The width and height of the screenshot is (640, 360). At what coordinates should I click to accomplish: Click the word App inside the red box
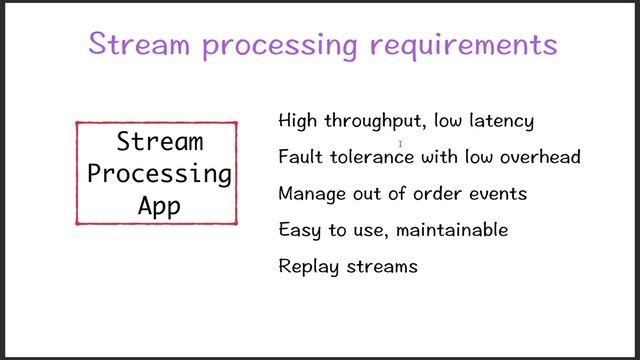[x=159, y=207]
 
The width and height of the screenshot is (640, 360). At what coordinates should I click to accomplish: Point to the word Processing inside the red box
[x=159, y=174]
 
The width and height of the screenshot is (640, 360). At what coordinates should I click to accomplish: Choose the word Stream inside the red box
[x=159, y=141]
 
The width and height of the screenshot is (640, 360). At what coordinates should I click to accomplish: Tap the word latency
[x=501, y=121]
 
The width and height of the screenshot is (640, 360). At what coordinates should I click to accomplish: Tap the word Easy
[x=299, y=231]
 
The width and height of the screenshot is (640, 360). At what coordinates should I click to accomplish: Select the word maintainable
[x=452, y=230]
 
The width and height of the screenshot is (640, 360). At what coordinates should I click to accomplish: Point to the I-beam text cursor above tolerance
[x=401, y=144]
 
